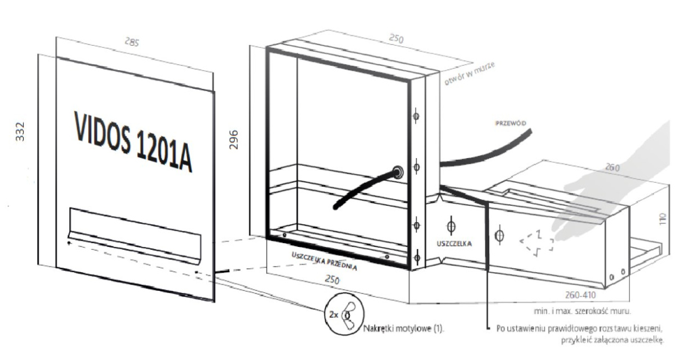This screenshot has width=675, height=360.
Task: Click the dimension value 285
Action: click(131, 42)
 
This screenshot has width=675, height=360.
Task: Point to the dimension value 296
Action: click(235, 139)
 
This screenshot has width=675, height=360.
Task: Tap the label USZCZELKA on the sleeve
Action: click(453, 244)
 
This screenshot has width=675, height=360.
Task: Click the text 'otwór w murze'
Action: click(470, 73)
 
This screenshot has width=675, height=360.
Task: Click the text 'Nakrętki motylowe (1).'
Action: click(404, 328)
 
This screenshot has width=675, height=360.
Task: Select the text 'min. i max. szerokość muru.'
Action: click(582, 310)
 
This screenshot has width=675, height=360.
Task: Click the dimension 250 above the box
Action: click(397, 41)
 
